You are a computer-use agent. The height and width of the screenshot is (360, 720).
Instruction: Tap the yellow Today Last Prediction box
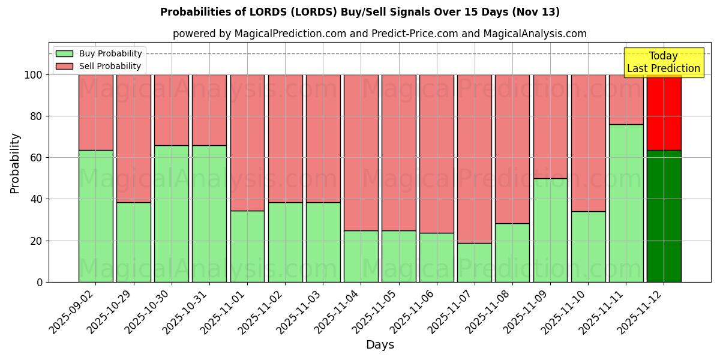click(x=663, y=62)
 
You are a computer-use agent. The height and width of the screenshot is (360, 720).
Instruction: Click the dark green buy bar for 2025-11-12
click(x=664, y=216)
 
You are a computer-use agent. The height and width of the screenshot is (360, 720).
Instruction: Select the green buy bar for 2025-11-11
click(x=626, y=203)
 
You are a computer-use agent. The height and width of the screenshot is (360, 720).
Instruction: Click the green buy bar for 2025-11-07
click(x=474, y=262)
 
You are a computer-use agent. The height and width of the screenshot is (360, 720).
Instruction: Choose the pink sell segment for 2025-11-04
click(x=361, y=152)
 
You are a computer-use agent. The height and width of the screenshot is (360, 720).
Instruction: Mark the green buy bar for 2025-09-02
click(x=95, y=216)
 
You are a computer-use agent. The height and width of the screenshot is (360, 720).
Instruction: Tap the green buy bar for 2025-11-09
click(x=550, y=230)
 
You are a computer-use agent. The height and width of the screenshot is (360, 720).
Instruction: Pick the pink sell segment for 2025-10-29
click(x=133, y=138)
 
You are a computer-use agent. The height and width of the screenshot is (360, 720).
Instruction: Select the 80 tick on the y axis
click(x=37, y=116)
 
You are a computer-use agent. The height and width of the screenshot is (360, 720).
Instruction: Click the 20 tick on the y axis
click(x=37, y=241)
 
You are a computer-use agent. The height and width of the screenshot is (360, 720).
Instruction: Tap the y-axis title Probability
click(x=15, y=163)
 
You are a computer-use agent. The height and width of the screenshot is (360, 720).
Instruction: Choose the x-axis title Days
click(x=380, y=345)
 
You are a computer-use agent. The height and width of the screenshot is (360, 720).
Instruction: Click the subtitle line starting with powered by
click(x=380, y=34)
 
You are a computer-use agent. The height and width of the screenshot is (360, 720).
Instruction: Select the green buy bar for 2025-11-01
click(x=247, y=246)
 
